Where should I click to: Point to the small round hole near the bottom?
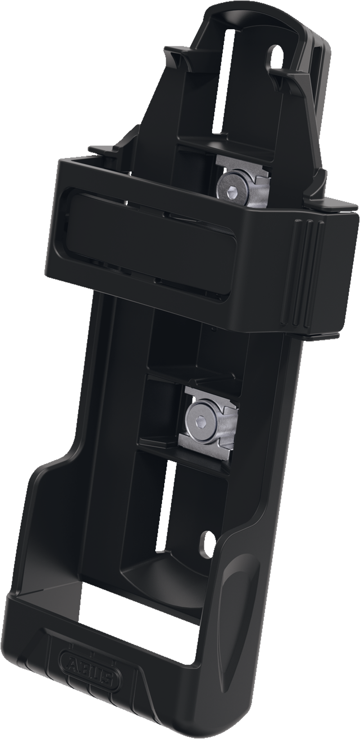pos(208,541)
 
